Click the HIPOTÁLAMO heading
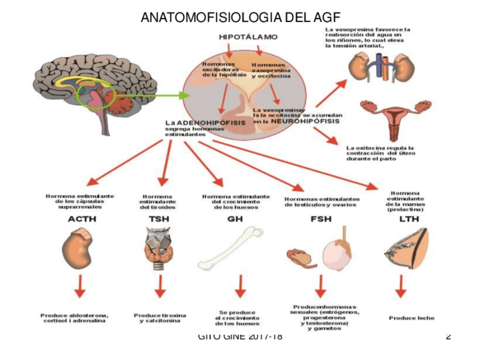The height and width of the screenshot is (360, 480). (x=248, y=37)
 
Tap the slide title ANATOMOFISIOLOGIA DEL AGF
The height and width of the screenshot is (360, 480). (x=240, y=17)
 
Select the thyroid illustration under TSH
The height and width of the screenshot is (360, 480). (x=160, y=247)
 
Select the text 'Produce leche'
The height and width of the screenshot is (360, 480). (x=412, y=318)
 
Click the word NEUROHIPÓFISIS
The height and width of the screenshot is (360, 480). (x=305, y=121)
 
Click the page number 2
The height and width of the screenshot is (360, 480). (x=448, y=337)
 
